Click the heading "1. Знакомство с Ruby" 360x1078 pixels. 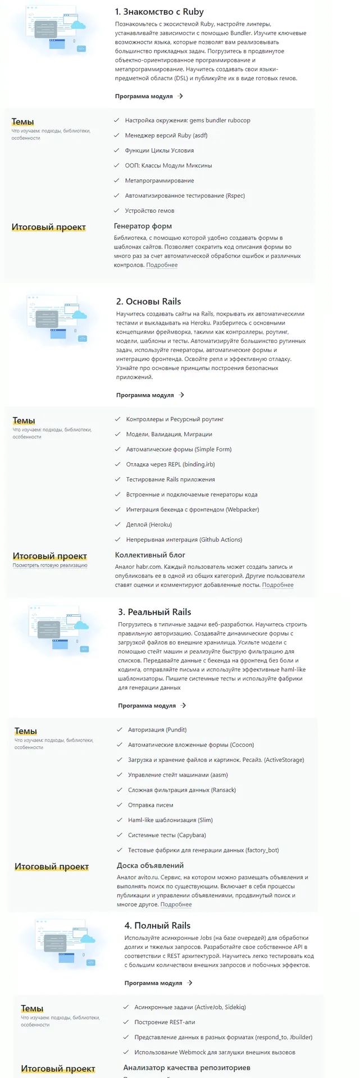[x=159, y=12]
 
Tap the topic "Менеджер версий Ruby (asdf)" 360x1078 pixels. [x=166, y=135]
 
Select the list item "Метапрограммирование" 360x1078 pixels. [x=160, y=181]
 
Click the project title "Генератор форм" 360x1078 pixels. [x=143, y=226]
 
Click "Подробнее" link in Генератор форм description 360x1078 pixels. [x=162, y=265]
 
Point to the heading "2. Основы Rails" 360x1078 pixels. [x=148, y=302]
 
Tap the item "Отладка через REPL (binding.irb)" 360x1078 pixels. [x=170, y=464]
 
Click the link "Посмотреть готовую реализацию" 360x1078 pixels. [x=50, y=565]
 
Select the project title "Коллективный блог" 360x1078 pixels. [x=150, y=555]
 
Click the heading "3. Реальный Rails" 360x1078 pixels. [x=154, y=612]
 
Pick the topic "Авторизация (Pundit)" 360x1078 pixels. [x=157, y=730]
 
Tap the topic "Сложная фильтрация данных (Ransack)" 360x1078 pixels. [x=182, y=790]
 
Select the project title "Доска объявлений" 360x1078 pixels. [x=150, y=865]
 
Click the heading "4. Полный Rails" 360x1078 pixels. [x=157, y=925]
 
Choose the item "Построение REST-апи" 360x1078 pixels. [x=165, y=1022]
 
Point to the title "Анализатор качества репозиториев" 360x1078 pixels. [x=186, y=1067]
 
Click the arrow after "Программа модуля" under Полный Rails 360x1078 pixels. [x=190, y=983]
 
